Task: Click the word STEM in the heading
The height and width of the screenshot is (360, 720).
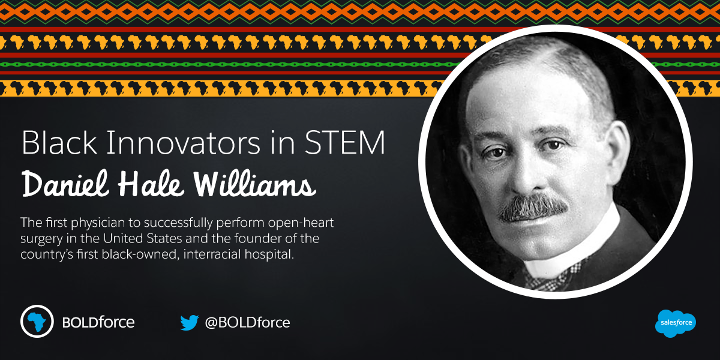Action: pyautogui.click(x=345, y=143)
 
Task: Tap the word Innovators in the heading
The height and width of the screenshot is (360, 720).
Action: pyautogui.click(x=184, y=143)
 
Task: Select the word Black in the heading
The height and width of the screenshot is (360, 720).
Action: pyautogui.click(x=59, y=143)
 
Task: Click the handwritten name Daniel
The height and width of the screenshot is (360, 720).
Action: pyautogui.click(x=65, y=183)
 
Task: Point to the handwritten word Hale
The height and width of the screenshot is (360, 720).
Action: pyautogui.click(x=151, y=183)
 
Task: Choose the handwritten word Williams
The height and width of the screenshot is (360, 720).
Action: pyautogui.click(x=254, y=183)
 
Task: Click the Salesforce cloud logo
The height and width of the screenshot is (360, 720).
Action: pyautogui.click(x=676, y=323)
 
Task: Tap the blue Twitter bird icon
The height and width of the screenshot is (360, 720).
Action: pyautogui.click(x=190, y=323)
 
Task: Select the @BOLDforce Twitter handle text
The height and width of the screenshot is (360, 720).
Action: pyautogui.click(x=247, y=322)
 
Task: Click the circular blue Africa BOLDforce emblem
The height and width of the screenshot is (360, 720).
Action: pyautogui.click(x=37, y=321)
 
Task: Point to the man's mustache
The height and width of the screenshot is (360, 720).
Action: pyautogui.click(x=533, y=208)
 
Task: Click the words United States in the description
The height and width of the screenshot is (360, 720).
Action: pyautogui.click(x=142, y=239)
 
